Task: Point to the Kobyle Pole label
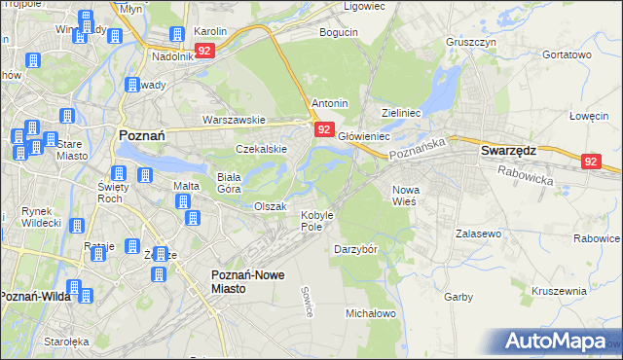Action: coord(317,220)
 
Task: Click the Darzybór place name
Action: coord(355,249)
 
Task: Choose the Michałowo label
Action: coord(371,313)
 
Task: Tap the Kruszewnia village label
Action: coord(560,291)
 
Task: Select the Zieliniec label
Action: coord(401,113)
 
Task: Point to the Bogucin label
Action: coord(340,32)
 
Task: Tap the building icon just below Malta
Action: coord(182,202)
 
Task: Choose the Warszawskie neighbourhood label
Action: coord(234,120)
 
